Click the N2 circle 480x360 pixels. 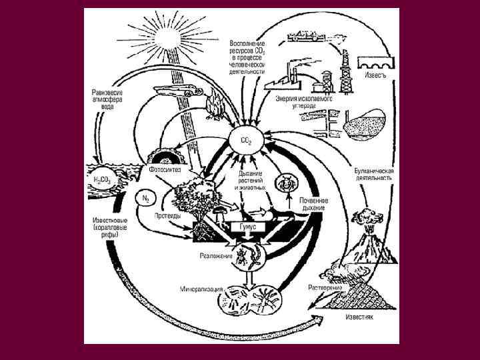click(x=147, y=198)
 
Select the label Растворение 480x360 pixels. click(x=325, y=288)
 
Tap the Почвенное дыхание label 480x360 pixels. click(x=313, y=204)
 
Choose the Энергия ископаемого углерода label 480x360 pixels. click(x=303, y=101)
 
